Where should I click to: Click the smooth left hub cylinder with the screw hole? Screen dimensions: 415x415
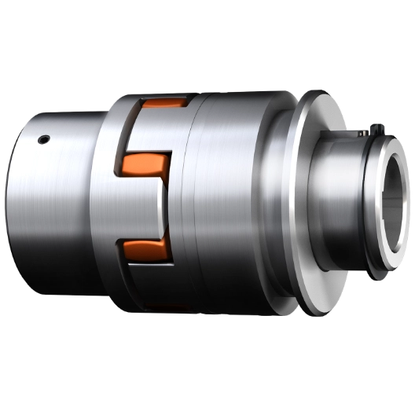[x=55, y=204]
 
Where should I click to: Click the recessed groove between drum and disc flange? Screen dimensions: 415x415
[x=282, y=196]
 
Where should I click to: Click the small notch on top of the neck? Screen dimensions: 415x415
[x=346, y=142]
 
